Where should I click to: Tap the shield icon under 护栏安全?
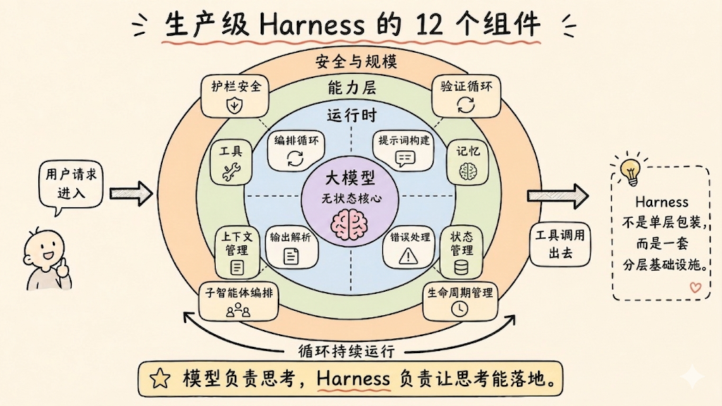(234, 106)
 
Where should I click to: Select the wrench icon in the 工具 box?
(231, 172)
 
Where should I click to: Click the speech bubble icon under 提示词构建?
(405, 159)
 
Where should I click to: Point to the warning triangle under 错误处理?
(408, 255)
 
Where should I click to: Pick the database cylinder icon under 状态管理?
(461, 267)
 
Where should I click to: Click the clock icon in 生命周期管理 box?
(459, 309)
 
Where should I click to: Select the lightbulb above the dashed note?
(631, 171)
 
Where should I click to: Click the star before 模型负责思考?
(160, 379)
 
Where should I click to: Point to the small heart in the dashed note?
(695, 288)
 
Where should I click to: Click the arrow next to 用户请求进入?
(130, 193)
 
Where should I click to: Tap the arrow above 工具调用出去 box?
(558, 196)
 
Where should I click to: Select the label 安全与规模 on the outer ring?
(356, 61)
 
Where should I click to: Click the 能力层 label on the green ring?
(352, 87)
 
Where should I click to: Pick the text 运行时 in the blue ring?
(352, 115)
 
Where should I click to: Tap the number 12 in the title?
(429, 25)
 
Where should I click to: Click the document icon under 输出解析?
(291, 256)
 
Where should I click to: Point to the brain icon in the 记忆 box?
(468, 172)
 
